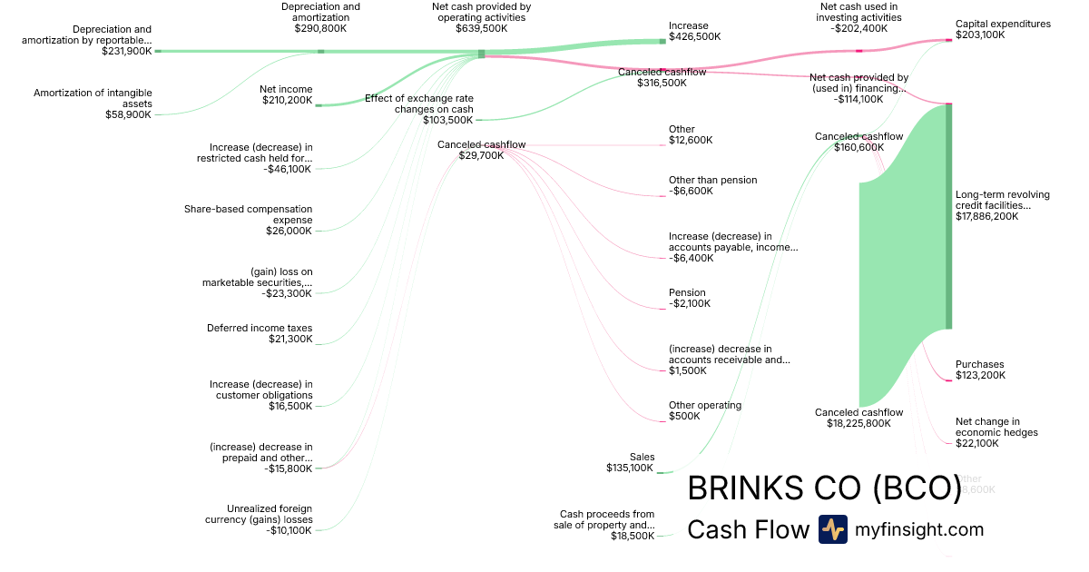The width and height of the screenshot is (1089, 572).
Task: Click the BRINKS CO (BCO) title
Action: [x=824, y=488]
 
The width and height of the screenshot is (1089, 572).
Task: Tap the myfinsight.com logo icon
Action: [x=832, y=529]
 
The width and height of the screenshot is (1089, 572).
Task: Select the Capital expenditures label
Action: [x=1003, y=25]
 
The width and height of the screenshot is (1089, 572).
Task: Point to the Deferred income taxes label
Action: [x=260, y=329]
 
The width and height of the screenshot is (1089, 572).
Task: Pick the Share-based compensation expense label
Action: [x=248, y=214]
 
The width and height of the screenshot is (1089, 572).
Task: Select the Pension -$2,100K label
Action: [x=687, y=298]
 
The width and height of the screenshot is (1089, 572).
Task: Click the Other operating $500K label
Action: [x=704, y=410]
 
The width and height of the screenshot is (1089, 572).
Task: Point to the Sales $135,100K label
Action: [x=630, y=462]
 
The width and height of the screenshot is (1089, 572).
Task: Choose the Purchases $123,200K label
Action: [x=980, y=370]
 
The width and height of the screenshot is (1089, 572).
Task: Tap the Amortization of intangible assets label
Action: [x=93, y=98]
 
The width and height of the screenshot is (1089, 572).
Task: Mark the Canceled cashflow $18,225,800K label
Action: [x=858, y=418]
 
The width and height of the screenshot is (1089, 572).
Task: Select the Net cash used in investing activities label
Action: [x=858, y=12]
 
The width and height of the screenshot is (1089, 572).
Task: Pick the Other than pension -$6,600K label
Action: [x=712, y=185]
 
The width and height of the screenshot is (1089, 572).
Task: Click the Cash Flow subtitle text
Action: [x=748, y=529]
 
